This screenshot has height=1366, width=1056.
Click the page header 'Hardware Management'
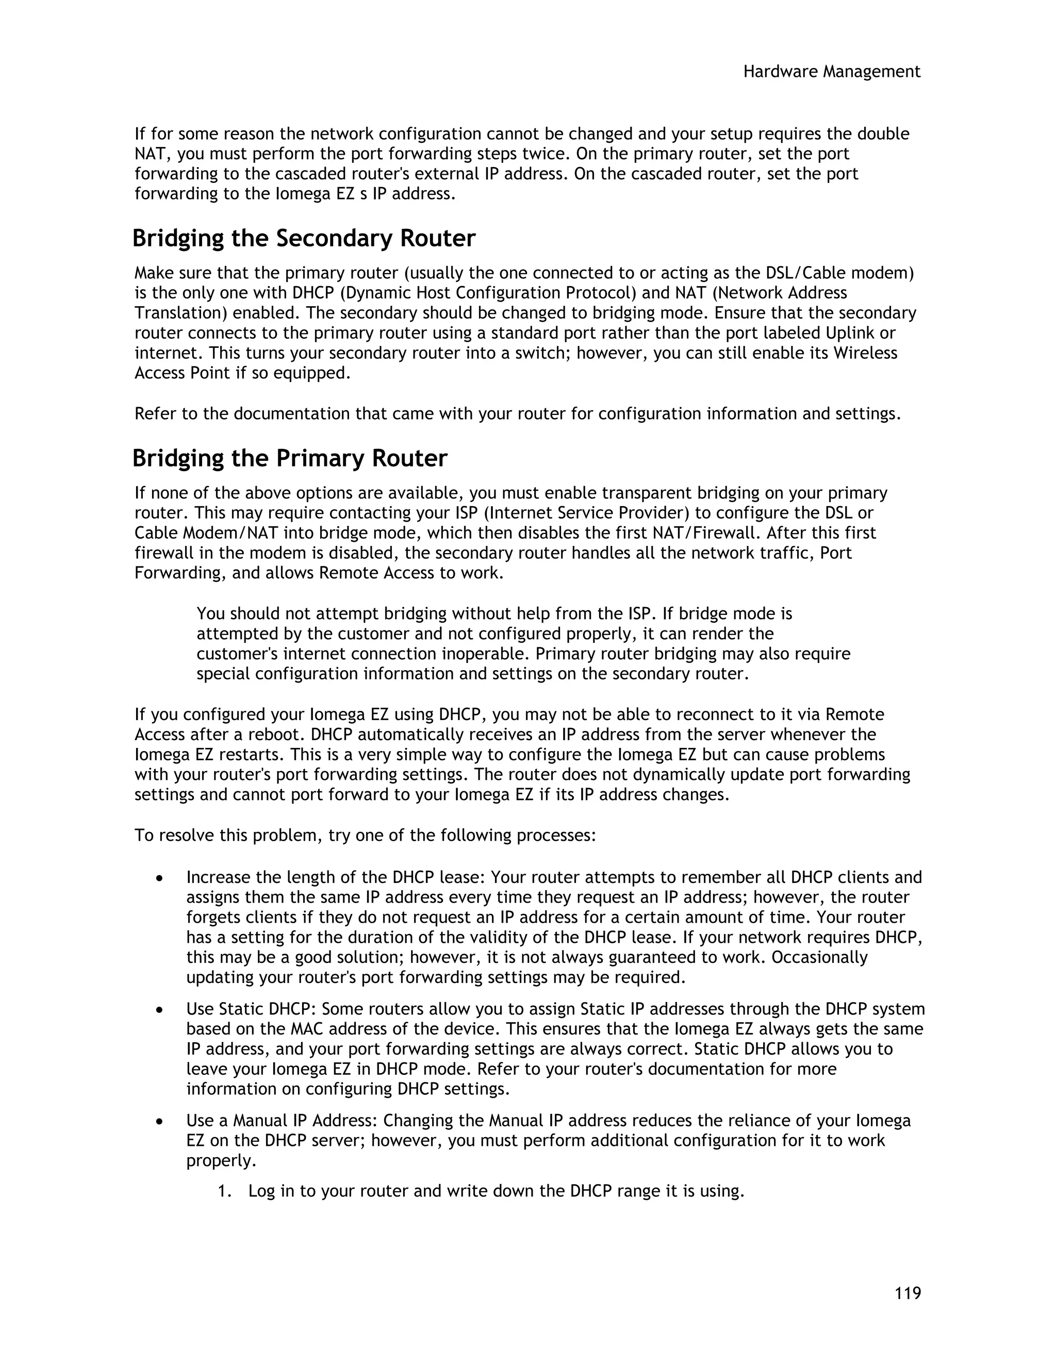[831, 72]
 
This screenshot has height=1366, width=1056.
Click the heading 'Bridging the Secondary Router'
[304, 238]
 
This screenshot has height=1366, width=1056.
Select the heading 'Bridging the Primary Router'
[290, 458]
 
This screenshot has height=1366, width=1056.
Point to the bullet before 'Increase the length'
[161, 879]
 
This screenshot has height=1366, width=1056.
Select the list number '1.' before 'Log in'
[225, 1191]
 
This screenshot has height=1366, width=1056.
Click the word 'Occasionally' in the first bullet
[819, 958]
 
